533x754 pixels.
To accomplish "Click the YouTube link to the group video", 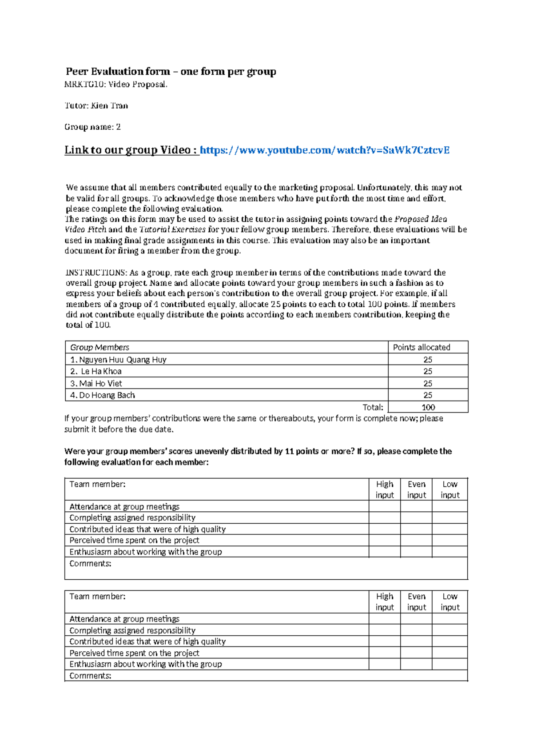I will click(x=325, y=150).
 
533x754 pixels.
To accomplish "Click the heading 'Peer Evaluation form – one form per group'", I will click(x=171, y=72).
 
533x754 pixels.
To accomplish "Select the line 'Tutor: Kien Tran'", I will click(x=96, y=106).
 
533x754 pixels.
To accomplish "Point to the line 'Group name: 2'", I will click(x=92, y=127).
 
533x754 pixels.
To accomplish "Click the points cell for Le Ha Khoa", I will click(x=428, y=371).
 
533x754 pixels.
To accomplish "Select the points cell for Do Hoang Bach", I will click(x=428, y=395).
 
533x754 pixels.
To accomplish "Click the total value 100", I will click(x=428, y=407).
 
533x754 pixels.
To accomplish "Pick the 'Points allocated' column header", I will click(x=422, y=347).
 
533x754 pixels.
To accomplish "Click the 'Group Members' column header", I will click(x=100, y=347).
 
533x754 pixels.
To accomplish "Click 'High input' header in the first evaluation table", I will click(x=385, y=489).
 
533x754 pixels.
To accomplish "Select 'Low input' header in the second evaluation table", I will click(x=450, y=602).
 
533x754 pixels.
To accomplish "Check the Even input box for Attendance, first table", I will click(x=416, y=506).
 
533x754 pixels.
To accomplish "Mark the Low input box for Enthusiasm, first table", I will click(x=449, y=552).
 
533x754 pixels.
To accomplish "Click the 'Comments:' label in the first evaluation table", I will click(x=90, y=564).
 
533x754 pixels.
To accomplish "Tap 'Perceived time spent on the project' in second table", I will click(x=134, y=653).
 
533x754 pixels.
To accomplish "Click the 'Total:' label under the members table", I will click(x=373, y=407).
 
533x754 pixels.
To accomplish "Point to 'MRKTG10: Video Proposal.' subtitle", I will click(x=116, y=84).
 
